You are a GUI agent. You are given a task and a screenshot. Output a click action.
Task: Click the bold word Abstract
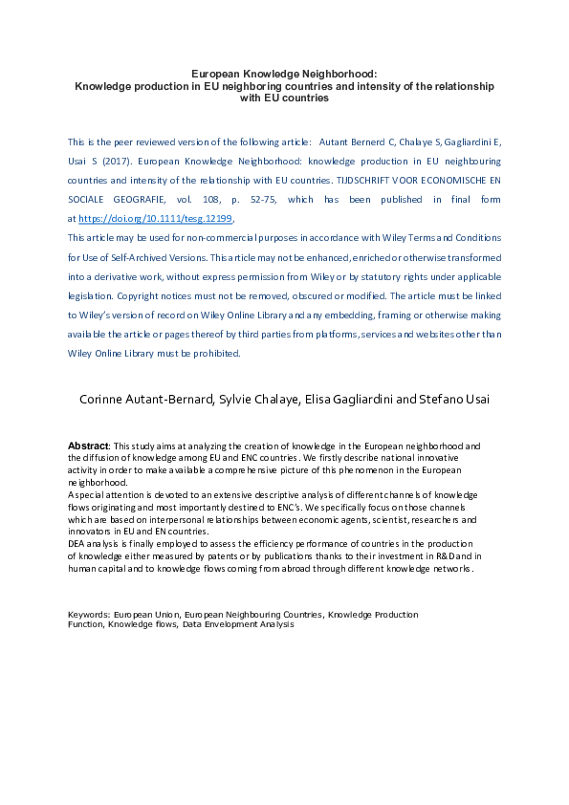pyautogui.click(x=88, y=446)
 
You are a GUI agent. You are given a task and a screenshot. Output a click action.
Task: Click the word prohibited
pyautogui.click(x=217, y=353)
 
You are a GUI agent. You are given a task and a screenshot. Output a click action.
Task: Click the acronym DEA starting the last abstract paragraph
pyautogui.click(x=77, y=543)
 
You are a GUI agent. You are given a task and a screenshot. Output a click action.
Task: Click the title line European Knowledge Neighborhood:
pyautogui.click(x=284, y=73)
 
